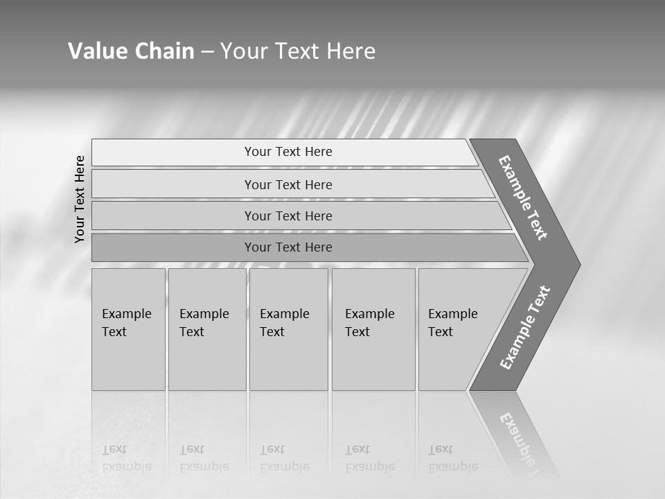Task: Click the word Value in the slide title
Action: coord(96,51)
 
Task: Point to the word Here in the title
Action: coord(351,51)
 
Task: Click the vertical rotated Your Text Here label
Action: coord(80,199)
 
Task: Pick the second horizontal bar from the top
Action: coord(287,184)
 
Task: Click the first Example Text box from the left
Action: coord(128,329)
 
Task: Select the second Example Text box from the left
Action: coord(207,329)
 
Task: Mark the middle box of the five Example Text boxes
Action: coord(288,329)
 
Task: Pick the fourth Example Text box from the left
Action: coord(373,329)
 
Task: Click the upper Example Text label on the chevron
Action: coord(523,198)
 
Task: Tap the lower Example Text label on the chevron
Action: coord(524,328)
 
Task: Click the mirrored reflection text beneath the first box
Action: coord(127,458)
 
